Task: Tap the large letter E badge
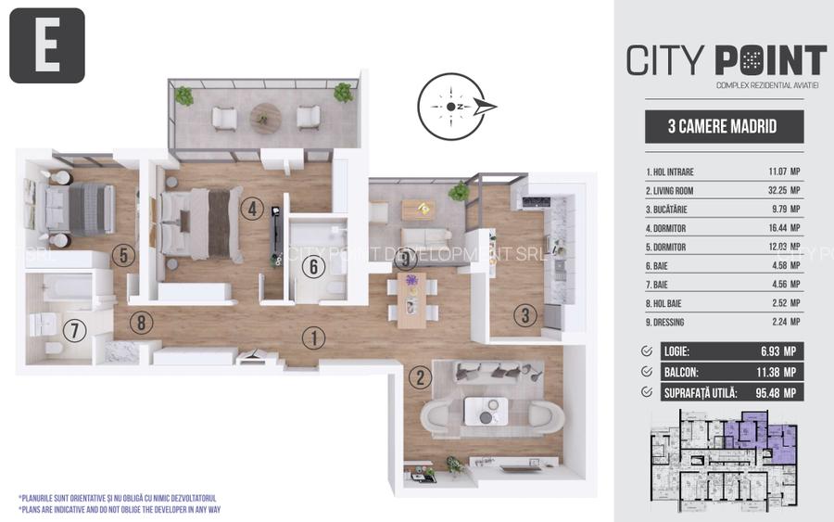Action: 47,45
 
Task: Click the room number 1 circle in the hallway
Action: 314,338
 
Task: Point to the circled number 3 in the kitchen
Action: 525,315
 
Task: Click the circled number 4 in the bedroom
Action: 251,209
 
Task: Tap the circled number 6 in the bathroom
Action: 313,266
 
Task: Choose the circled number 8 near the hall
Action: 140,324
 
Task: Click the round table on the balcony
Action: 266,117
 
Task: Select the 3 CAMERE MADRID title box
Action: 723,127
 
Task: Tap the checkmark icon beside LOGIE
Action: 646,351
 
